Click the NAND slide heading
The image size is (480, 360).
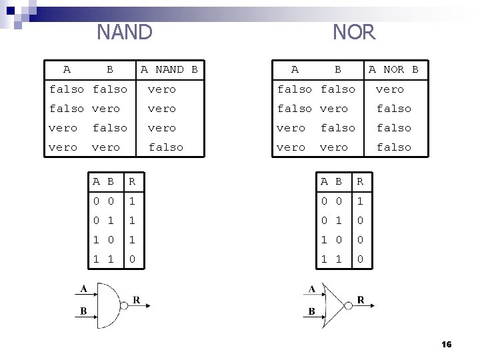[125, 31]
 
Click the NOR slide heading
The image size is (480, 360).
[354, 31]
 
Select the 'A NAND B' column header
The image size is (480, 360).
[169, 69]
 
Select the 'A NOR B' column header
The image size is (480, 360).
[393, 69]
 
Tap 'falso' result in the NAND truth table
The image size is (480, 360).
[165, 147]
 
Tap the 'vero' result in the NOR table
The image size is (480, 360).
[389, 89]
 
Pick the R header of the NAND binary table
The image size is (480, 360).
[132, 181]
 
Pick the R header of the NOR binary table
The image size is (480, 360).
[360, 181]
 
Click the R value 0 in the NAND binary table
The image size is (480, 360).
[132, 259]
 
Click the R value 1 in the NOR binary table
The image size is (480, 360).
[360, 200]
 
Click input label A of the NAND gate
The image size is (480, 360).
[83, 288]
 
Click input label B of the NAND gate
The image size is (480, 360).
[83, 311]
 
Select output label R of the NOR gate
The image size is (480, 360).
[361, 300]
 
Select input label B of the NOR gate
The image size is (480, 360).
[311, 311]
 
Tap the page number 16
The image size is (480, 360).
[446, 344]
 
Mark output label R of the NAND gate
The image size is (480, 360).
[136, 300]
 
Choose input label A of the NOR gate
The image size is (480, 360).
[311, 289]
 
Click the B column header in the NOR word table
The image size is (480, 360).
[338, 69]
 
